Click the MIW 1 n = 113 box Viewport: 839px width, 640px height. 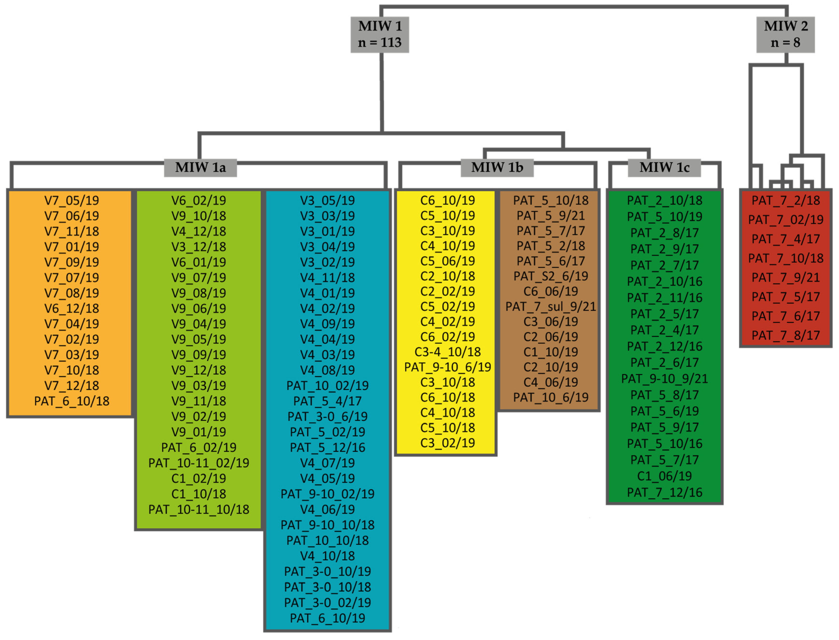coord(379,34)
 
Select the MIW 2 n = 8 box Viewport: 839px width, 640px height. coord(785,34)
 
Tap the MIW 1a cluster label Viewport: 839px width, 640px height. coord(200,168)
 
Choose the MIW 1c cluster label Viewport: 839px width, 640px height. coord(664,168)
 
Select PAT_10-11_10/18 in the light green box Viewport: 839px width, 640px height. coord(199,510)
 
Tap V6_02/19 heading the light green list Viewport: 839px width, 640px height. coord(199,200)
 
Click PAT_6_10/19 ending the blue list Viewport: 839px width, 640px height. coord(327,618)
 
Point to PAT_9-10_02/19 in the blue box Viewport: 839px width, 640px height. coord(327,494)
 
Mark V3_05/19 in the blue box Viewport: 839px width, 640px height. coord(327,200)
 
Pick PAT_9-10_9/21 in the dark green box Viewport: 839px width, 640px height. coord(664,379)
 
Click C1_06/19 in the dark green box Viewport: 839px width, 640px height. coord(664,476)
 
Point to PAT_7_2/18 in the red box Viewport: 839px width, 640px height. coord(785,200)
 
